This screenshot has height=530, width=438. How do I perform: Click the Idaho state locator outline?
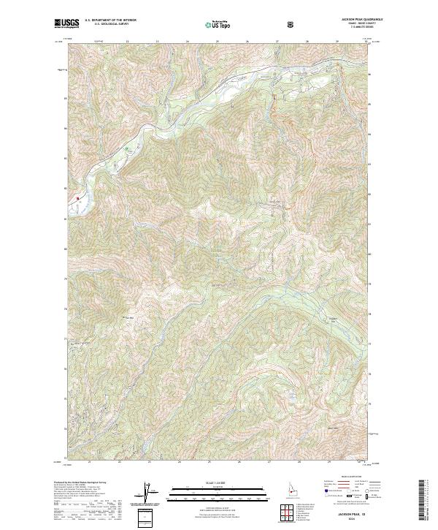291,489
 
